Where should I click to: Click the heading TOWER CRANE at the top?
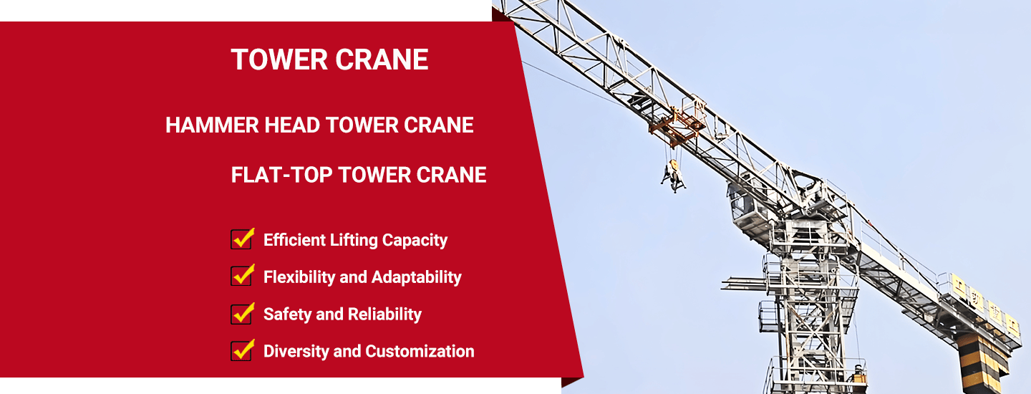[329, 60]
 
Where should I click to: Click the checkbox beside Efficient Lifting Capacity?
[242, 239]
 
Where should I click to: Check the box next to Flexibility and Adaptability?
[242, 276]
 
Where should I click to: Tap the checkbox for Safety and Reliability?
[242, 314]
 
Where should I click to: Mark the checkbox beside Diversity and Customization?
[242, 351]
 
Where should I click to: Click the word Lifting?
[354, 240]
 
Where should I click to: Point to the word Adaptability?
[416, 277]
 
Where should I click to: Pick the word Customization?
[420, 351]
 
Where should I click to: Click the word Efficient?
[294, 240]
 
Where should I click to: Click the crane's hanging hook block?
[673, 176]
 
